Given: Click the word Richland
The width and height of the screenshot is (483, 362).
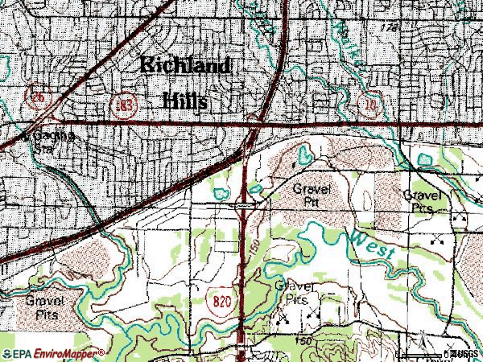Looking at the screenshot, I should pyautogui.click(x=185, y=67).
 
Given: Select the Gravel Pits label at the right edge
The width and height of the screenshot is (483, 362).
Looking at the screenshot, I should pyautogui.click(x=423, y=201).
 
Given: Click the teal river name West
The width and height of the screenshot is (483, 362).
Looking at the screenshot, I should pyautogui.click(x=373, y=244).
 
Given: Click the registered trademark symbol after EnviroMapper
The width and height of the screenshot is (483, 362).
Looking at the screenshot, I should pyautogui.click(x=102, y=352).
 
